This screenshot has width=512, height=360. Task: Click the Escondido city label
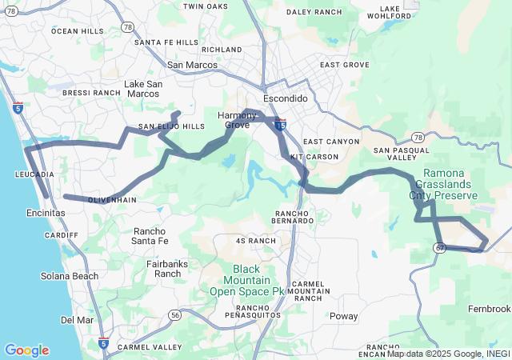coord(285,98)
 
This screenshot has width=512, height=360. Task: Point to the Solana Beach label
coord(70,276)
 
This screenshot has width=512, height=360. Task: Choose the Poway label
coord(344,316)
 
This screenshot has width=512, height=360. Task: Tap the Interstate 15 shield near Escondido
coord(280,124)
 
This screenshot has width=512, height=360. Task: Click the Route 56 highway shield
coord(174,316)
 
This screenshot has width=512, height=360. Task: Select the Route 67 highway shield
coord(440,249)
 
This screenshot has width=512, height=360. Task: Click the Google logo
coord(26,350)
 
